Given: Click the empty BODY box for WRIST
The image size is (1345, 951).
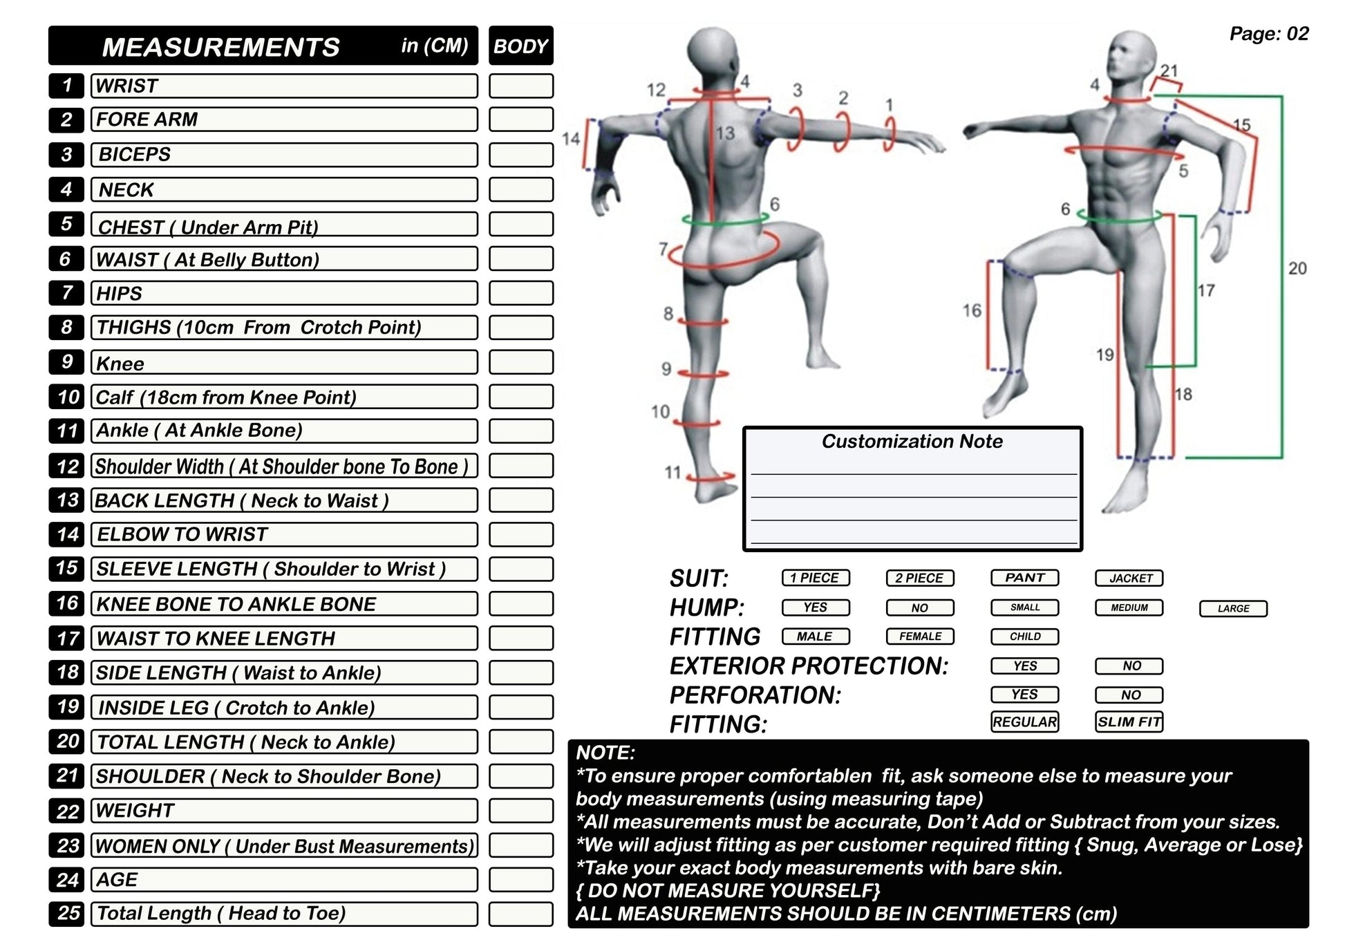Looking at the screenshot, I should [x=520, y=86].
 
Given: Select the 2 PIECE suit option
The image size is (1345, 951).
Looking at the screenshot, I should [x=919, y=578].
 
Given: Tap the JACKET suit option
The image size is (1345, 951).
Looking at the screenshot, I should [x=1129, y=578].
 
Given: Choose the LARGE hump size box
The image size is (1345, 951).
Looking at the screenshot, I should [x=1233, y=608].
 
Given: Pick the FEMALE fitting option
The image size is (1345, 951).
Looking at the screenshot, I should [x=919, y=637].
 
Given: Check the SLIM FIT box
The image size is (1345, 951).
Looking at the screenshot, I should [x=1129, y=722].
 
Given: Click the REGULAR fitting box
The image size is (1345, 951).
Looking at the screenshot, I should [x=1024, y=722].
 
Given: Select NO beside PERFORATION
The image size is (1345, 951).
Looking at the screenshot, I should [x=1129, y=695].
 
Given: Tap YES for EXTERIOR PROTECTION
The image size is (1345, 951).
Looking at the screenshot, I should [x=1024, y=666].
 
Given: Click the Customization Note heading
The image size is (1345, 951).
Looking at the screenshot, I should [x=912, y=442].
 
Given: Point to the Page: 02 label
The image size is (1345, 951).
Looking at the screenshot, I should [x=1268, y=34].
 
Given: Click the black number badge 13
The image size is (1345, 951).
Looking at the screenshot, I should [x=67, y=500].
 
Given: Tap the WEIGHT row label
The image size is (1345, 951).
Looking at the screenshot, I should [x=135, y=811].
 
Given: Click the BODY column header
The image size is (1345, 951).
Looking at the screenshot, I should [x=520, y=46].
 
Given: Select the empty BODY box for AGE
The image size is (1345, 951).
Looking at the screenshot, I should [x=520, y=880].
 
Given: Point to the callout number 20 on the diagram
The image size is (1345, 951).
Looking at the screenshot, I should [x=1297, y=268].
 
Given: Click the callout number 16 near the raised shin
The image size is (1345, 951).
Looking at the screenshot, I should [x=971, y=310].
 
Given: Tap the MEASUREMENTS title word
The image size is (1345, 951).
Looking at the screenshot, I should [x=220, y=47].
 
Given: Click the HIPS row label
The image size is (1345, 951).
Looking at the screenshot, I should [x=119, y=294].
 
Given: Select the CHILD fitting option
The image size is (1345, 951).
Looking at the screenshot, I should [x=1024, y=637].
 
